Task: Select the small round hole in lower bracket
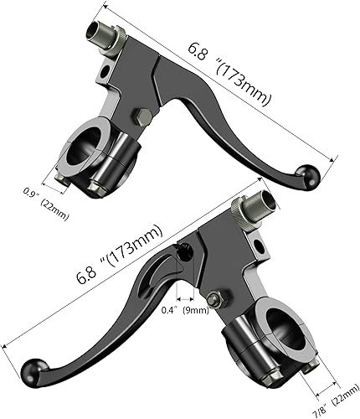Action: (259, 244)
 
